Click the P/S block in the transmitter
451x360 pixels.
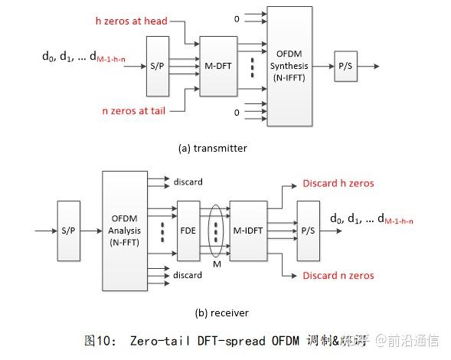[344, 67]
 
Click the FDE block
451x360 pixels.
[188, 228]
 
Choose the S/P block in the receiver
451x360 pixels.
[68, 229]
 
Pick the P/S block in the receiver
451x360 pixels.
[308, 228]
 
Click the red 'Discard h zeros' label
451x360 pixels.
[339, 183]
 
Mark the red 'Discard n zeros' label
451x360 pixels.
[339, 275]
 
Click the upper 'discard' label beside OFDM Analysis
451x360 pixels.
[188, 182]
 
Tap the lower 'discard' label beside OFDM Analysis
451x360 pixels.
[188, 274]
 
